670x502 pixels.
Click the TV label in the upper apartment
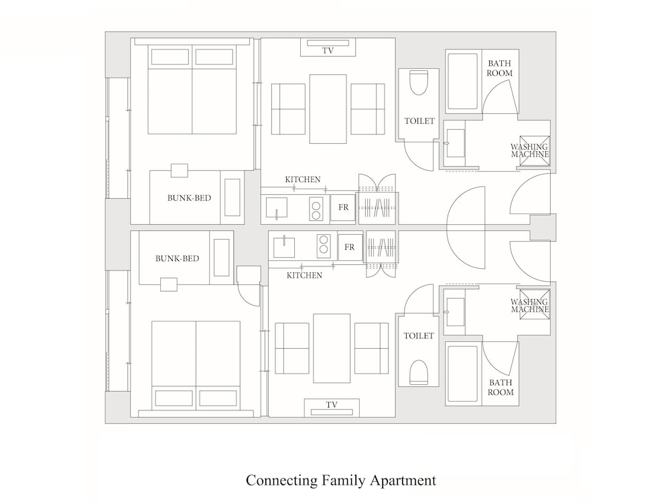[x=328, y=51]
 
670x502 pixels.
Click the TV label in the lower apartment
[x=331, y=405]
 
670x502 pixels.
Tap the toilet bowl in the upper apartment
[x=419, y=83]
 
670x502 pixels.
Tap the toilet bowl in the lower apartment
[x=419, y=371]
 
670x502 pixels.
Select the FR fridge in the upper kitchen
[x=343, y=207]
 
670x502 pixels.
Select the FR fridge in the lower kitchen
[x=349, y=247]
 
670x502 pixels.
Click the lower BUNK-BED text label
[x=177, y=258]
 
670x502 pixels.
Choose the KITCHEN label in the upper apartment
[x=303, y=179]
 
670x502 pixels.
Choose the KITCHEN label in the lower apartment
[x=304, y=275]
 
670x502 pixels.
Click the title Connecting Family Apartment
[x=340, y=480]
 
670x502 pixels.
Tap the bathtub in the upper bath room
[x=462, y=82]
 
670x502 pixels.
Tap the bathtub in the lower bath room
[x=462, y=373]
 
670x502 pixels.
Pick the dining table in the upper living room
[x=328, y=108]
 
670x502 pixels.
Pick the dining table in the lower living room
[x=332, y=348]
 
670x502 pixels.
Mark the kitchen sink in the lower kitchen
[x=285, y=246]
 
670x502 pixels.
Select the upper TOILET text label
[x=419, y=122]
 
